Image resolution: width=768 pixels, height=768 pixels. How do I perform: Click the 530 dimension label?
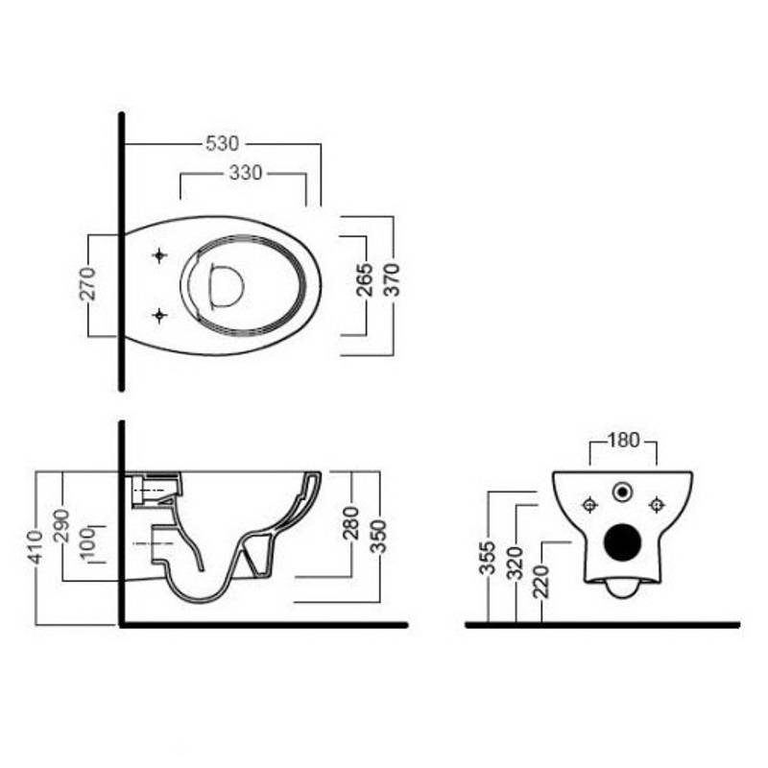tap(223, 143)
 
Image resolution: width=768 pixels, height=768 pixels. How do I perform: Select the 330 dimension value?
tap(246, 173)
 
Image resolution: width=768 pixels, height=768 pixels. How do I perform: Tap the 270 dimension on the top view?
tap(88, 283)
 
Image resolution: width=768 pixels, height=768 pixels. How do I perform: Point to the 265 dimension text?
tap(365, 279)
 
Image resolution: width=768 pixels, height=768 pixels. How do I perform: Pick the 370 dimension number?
tap(392, 279)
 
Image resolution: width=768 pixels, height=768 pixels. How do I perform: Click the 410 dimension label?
tap(36, 546)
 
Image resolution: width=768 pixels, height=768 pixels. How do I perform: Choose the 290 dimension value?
tap(62, 525)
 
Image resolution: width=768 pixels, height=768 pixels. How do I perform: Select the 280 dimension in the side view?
tap(350, 523)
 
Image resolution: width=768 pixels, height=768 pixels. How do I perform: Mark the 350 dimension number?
tap(378, 537)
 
